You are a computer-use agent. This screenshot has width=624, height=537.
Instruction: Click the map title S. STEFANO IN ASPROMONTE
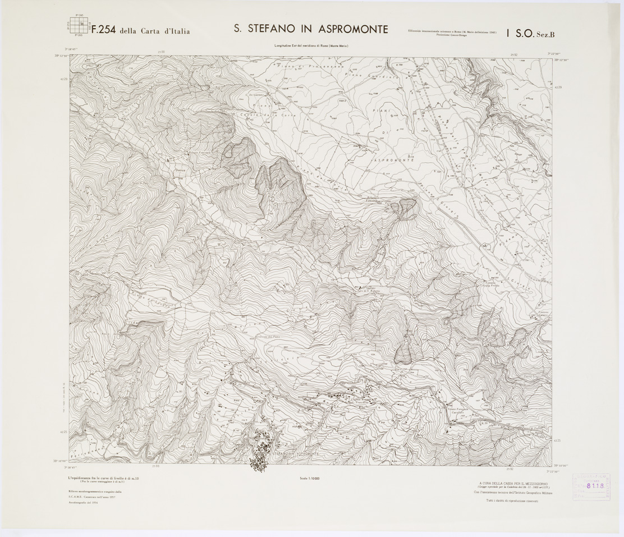pyautogui.click(x=311, y=29)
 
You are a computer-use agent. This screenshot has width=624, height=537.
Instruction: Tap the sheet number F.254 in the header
pyautogui.click(x=103, y=31)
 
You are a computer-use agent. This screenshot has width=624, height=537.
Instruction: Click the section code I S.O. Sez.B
pyautogui.click(x=530, y=34)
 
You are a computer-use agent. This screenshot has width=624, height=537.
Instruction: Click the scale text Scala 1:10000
pyautogui.click(x=310, y=478)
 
